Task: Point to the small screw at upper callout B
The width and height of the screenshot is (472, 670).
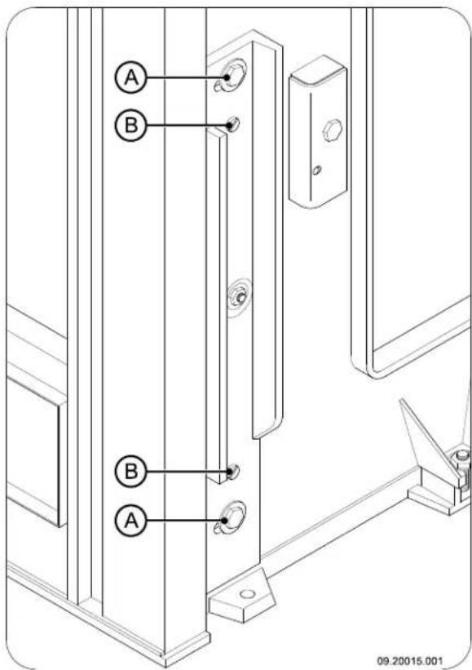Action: coord(232,125)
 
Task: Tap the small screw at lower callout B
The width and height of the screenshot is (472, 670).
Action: coord(232,471)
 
